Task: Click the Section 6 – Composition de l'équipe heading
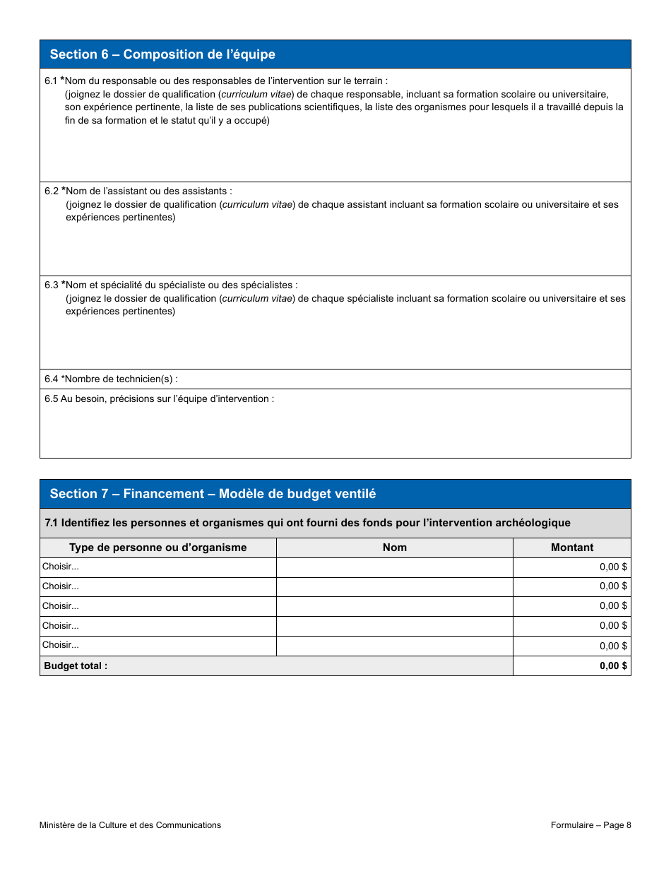tap(162, 54)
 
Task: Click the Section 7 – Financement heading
tap(213, 494)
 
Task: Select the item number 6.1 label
tap(51, 81)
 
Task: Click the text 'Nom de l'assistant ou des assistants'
tap(148, 191)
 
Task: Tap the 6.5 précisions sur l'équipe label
tap(159, 399)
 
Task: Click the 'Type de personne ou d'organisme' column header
tap(158, 548)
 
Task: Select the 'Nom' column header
tap(394, 548)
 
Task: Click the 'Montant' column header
tap(571, 548)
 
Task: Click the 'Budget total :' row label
tap(76, 666)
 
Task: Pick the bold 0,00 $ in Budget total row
tap(613, 666)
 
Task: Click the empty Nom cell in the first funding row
tap(394, 567)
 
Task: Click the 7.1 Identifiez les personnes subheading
tap(307, 523)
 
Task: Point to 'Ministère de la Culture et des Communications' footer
tap(130, 824)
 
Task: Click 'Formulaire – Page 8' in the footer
tap(590, 824)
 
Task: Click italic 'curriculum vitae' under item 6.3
tap(256, 299)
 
